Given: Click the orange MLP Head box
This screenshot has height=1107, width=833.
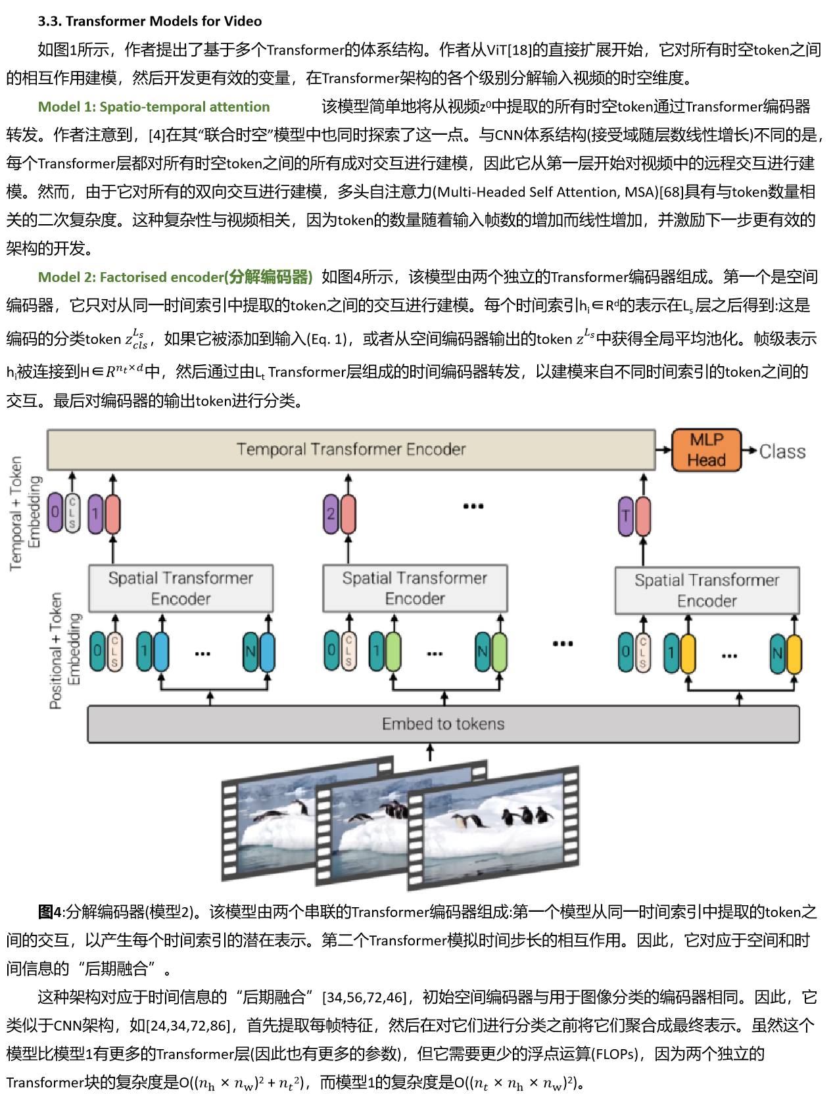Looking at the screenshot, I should (706, 450).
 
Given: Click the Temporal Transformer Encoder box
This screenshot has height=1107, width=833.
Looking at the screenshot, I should (350, 450).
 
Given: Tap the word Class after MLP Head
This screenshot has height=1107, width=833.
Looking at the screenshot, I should (782, 452).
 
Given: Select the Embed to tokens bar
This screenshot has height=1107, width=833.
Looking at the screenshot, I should (443, 724).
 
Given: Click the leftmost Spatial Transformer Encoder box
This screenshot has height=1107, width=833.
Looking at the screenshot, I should (181, 588).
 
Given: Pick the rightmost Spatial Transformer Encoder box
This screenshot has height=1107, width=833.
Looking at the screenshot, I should (707, 590).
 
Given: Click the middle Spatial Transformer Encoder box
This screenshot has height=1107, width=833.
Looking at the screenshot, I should (415, 588).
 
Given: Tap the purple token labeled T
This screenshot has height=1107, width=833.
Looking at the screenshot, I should (626, 516).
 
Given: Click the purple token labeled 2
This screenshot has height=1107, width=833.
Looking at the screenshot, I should (331, 514).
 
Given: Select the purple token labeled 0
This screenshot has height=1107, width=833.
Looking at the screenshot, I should (56, 512).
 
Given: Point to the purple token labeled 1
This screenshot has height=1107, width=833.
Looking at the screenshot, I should (95, 513).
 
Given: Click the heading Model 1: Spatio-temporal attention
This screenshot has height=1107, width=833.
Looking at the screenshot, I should (154, 106).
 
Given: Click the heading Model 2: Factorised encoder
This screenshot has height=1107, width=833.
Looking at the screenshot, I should (175, 277).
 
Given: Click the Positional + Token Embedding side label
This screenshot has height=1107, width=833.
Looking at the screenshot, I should (64, 650).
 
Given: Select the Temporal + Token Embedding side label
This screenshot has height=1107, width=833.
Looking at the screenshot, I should (24, 513).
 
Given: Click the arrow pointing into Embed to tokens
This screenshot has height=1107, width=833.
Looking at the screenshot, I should (430, 752).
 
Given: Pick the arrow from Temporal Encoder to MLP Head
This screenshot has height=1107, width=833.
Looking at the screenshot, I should (663, 450).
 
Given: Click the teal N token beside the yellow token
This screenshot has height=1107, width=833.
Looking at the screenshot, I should (778, 653).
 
